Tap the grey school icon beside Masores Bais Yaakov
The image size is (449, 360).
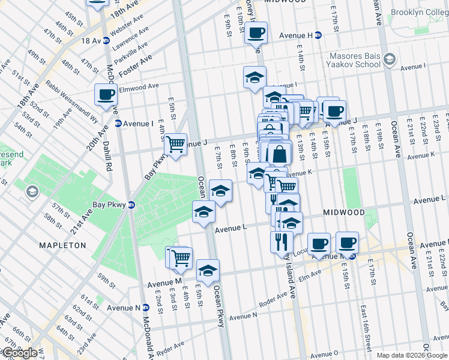[x=390, y=59]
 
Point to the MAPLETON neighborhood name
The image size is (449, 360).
[x=62, y=245]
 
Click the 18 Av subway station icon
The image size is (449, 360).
[x=106, y=41]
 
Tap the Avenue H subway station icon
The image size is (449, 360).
[x=319, y=35]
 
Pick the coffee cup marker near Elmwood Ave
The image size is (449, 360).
[x=106, y=95]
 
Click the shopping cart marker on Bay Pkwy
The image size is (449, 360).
[x=175, y=144]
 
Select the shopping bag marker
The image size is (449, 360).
[x=279, y=154]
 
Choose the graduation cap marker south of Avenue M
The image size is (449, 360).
[x=208, y=271]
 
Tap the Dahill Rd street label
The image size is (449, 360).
[x=109, y=157]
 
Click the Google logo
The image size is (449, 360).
[x=20, y=353]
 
